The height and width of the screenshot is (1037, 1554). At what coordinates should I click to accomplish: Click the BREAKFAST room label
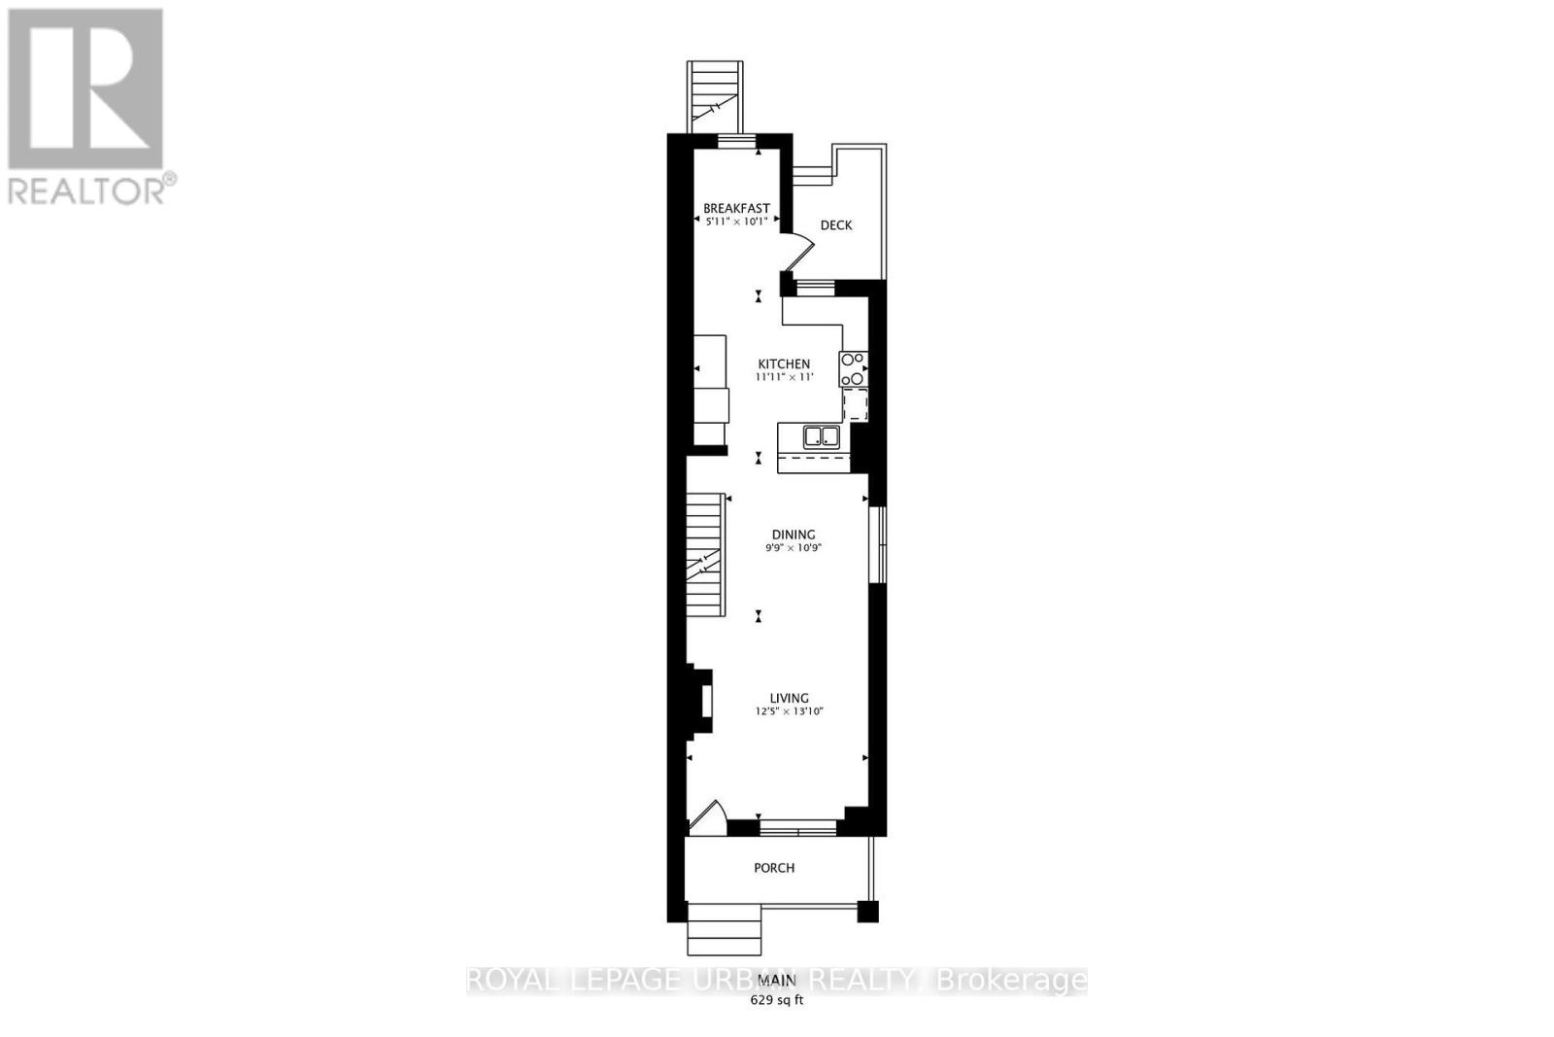coord(736,208)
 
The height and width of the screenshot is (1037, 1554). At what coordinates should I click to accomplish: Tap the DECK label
coord(836,225)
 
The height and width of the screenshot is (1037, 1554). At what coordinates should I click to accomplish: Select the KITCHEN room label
coord(784,363)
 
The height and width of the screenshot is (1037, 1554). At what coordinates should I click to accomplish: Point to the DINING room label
coord(793,535)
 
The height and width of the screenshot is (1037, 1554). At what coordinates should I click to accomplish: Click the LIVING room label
coord(789,698)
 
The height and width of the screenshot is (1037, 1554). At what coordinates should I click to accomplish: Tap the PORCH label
coord(774,867)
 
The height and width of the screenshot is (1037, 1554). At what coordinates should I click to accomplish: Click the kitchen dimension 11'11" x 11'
coord(784,377)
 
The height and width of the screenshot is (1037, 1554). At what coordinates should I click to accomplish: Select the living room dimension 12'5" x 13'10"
coord(789,711)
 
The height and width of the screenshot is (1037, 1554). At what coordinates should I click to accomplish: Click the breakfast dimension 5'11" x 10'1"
coord(736,222)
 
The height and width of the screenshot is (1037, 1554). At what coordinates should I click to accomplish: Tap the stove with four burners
coord(853,369)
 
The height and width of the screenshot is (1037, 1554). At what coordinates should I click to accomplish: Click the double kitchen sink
coord(821,436)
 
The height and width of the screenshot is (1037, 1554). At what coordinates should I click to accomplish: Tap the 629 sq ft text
coord(776,1000)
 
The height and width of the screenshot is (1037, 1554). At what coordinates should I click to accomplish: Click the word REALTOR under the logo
coord(85,190)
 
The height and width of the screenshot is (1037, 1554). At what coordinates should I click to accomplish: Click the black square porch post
coord(867,912)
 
